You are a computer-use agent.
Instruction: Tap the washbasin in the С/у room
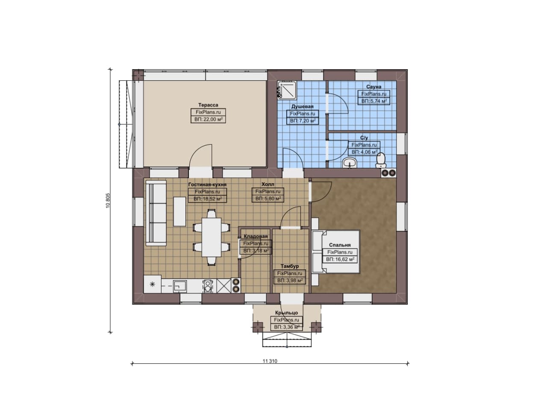350,163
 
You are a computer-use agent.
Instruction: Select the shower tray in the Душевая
287,90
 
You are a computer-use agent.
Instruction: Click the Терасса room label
208,105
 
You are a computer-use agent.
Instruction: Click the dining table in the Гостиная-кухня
212,237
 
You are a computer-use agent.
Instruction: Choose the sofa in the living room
156,213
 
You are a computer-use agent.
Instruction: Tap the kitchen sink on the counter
180,286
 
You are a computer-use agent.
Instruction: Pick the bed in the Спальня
336,251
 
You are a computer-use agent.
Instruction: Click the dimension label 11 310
270,361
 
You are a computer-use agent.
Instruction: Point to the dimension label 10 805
108,201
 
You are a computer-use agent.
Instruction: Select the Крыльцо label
286,313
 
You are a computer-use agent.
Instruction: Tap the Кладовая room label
256,236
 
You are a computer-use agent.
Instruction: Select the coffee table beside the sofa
179,211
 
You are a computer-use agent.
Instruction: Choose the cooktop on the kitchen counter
208,286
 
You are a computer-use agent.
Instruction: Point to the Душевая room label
302,106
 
